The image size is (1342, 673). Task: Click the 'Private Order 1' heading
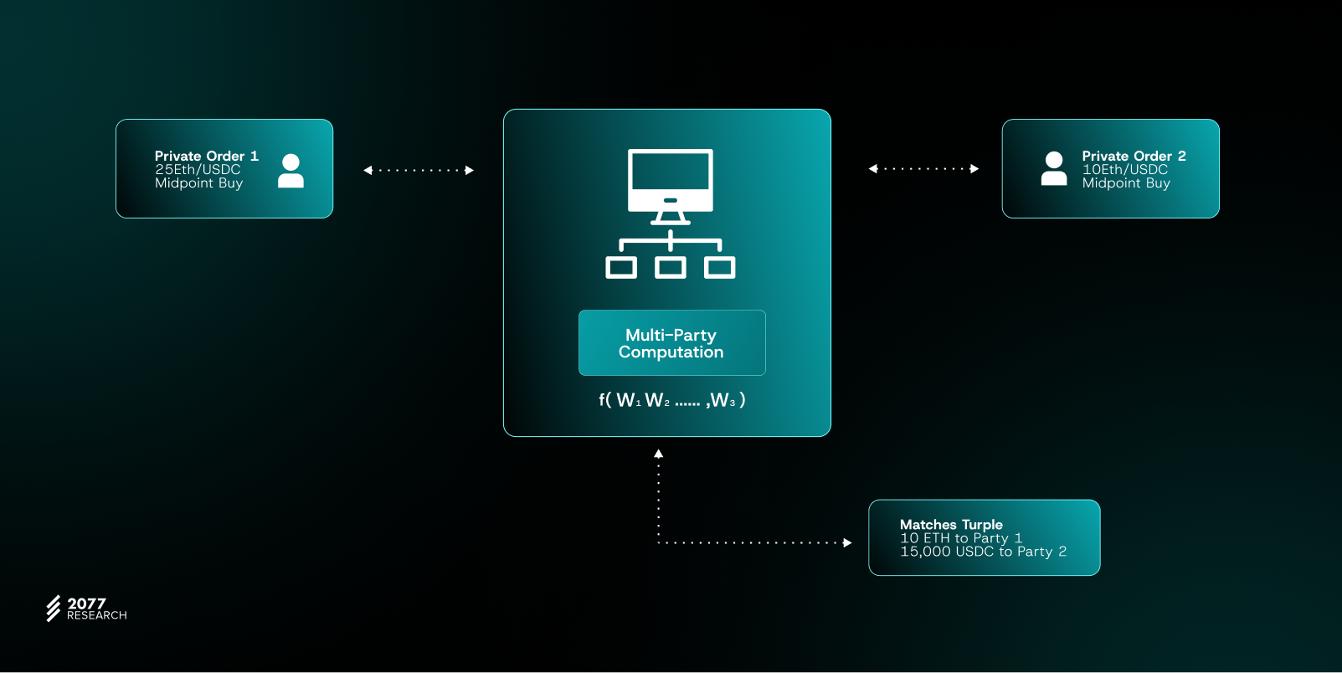[206, 156]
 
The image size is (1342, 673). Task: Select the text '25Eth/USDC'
[198, 169]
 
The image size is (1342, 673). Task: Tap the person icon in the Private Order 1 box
[291, 171]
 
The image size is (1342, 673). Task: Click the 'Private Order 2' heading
[1134, 156]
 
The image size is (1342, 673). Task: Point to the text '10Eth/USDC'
[1124, 169]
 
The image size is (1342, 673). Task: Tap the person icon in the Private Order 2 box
[1054, 168]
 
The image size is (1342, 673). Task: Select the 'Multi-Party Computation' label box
[671, 343]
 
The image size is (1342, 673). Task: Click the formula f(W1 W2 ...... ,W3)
[671, 400]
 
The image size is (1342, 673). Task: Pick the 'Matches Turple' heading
[951, 525]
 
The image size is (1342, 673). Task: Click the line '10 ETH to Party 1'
[961, 538]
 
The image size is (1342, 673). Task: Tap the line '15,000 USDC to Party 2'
[983, 552]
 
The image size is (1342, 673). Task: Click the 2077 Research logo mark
[54, 609]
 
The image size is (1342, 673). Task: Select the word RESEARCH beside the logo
[97, 616]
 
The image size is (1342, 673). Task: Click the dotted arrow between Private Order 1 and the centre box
[419, 171]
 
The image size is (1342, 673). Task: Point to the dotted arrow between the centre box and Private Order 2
[923, 169]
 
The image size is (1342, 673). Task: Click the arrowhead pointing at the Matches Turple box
[847, 542]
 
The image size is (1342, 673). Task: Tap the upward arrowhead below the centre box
[659, 454]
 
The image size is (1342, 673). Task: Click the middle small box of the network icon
[671, 268]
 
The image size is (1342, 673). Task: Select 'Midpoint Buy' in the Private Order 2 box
[1126, 183]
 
